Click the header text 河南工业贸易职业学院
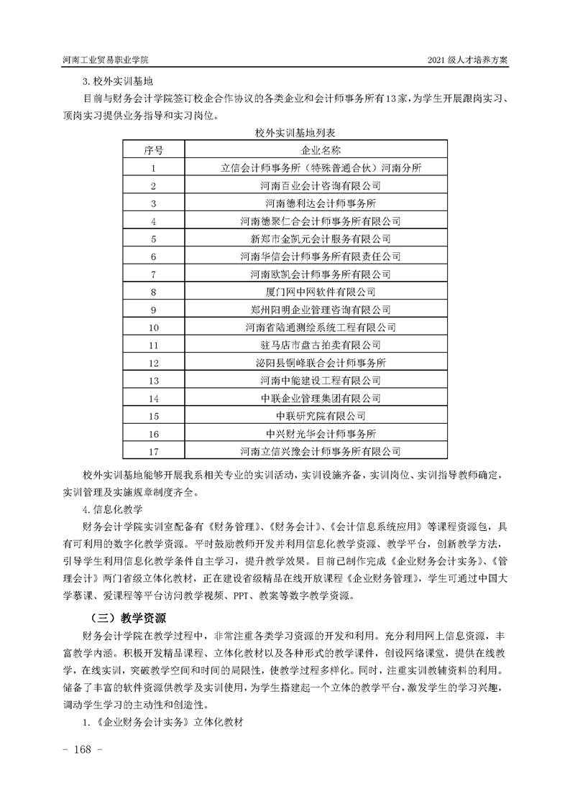tap(111, 60)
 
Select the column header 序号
tap(154, 151)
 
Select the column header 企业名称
tap(321, 151)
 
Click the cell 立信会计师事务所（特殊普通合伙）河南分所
tap(321, 168)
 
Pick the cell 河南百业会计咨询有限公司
tap(321, 186)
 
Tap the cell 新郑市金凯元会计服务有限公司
tap(321, 238)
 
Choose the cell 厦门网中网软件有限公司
tap(321, 292)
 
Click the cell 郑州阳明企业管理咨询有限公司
tap(321, 310)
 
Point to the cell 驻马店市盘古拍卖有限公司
tap(321, 345)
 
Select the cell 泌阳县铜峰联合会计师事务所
tap(321, 363)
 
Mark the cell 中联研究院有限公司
tap(321, 416)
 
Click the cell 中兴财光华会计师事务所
tap(321, 433)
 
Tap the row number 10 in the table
tap(154, 328)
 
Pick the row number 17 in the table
tap(154, 451)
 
